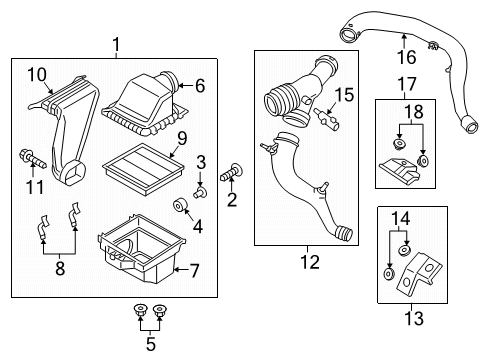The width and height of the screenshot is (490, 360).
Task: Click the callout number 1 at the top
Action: (118, 45)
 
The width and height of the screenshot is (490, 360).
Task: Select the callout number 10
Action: (38, 74)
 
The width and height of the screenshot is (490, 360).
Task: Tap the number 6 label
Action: (200, 87)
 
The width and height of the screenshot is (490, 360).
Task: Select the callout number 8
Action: (58, 269)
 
